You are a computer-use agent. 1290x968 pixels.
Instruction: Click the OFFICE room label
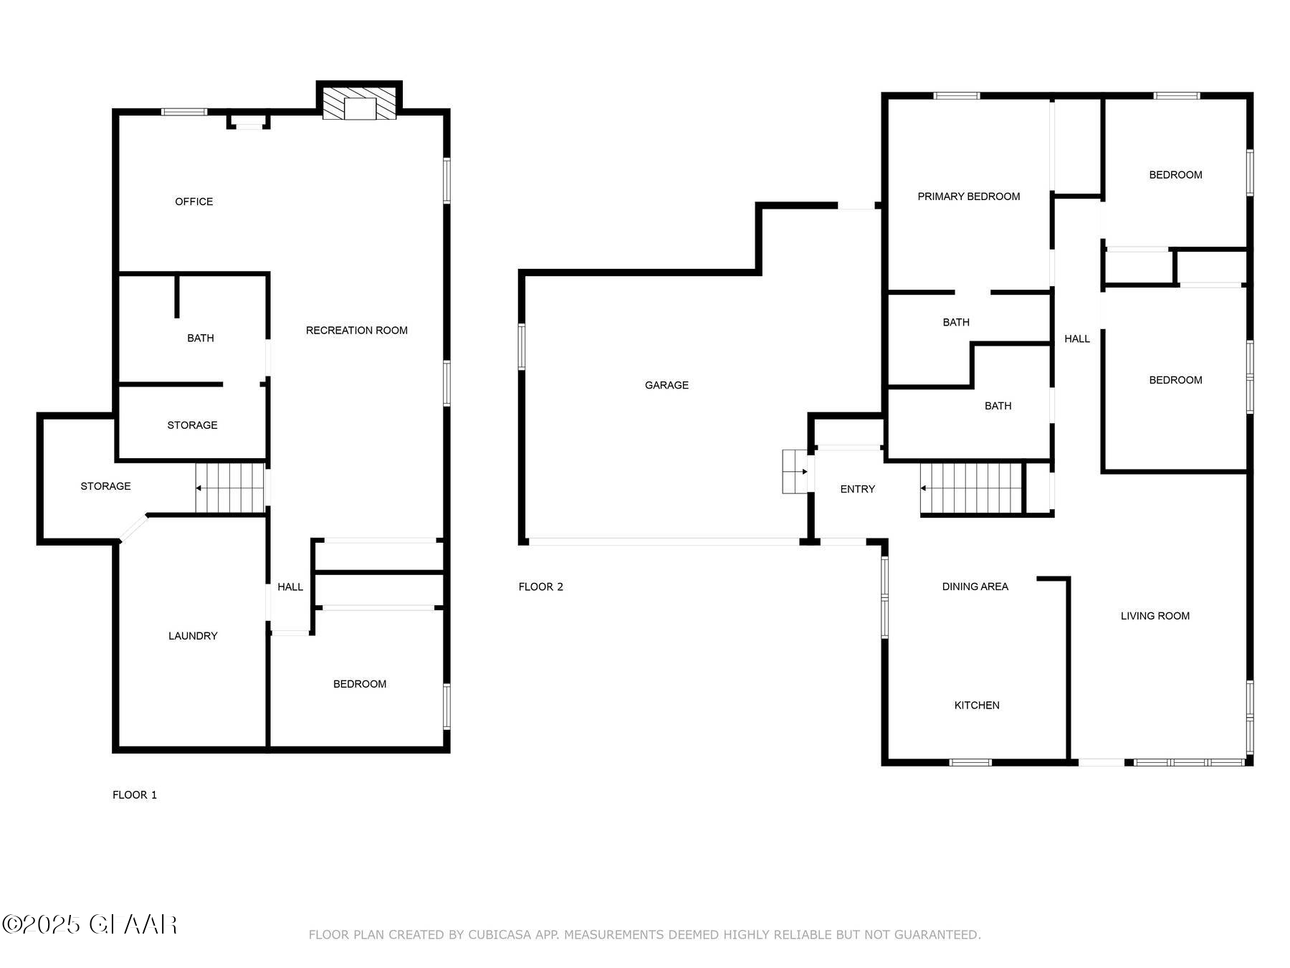tap(193, 201)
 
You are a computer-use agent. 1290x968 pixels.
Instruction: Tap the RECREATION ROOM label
tap(356, 331)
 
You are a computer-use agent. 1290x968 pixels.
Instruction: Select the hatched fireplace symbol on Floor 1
tap(359, 104)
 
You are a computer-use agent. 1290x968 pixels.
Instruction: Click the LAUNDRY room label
tap(193, 636)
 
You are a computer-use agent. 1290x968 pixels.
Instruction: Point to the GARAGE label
tap(666, 385)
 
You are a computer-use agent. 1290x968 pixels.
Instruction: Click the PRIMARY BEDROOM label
tap(968, 196)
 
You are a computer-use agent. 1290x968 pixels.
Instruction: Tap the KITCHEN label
tap(976, 706)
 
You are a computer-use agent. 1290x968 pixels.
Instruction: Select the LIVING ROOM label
tap(1155, 616)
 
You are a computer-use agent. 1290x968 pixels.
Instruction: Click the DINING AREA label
tap(975, 587)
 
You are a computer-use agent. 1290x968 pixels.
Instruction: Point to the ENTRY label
tap(857, 489)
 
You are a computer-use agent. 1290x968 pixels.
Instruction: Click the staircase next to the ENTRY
tap(970, 488)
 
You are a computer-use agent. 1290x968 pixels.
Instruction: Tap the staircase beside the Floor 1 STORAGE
tap(230, 488)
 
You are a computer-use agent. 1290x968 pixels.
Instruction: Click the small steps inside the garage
tap(794, 472)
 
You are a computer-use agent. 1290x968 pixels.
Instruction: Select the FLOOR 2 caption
tap(540, 587)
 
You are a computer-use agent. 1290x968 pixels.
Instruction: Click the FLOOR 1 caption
tap(134, 794)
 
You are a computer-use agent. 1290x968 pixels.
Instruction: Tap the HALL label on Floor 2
tap(1076, 338)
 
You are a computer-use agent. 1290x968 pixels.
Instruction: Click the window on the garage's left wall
tap(522, 347)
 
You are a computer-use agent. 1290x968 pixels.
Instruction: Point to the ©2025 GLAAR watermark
tap(90, 924)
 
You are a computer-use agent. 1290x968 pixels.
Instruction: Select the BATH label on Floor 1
tap(200, 338)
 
